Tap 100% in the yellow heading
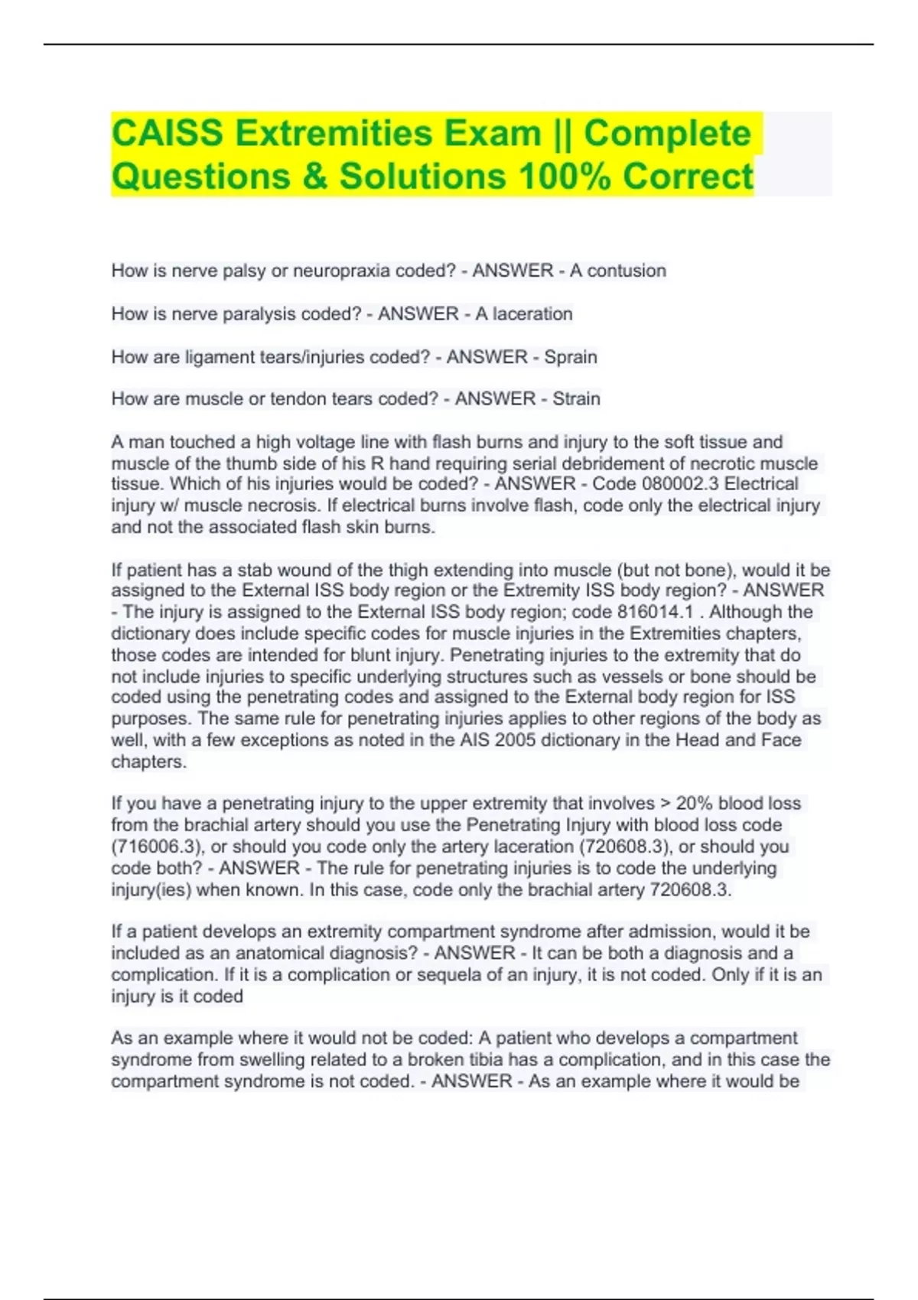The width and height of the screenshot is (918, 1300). (x=564, y=177)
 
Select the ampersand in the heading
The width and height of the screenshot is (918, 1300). (x=314, y=177)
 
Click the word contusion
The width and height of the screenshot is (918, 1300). (x=627, y=271)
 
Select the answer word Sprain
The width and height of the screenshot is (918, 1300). (x=571, y=357)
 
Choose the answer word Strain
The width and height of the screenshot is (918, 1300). (x=576, y=399)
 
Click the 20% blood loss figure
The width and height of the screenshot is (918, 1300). (x=693, y=804)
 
